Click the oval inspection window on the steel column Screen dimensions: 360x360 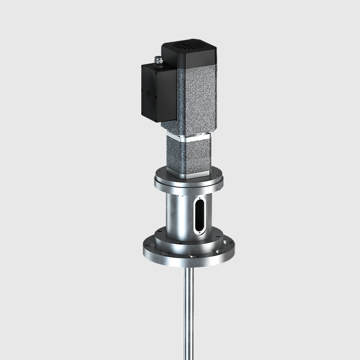click(200, 216)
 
